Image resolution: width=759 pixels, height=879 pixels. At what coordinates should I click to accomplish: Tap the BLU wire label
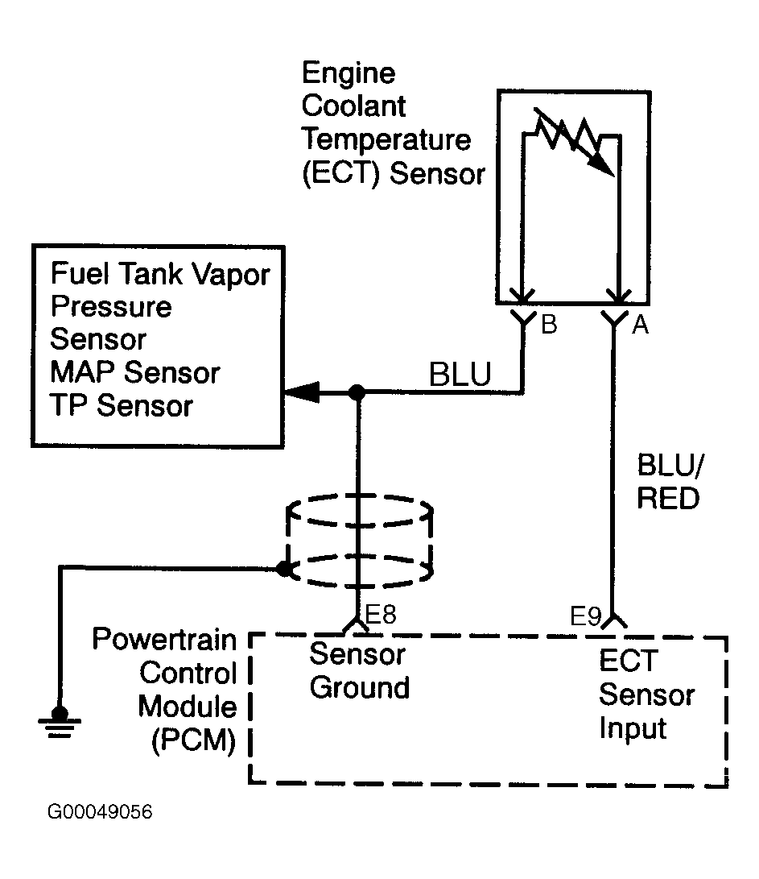point(460,375)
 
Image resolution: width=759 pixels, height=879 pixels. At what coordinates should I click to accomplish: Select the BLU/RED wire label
point(668,483)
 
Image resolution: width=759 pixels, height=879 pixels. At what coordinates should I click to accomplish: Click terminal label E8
point(381,616)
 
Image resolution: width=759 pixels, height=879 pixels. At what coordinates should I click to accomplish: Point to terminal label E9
point(586,618)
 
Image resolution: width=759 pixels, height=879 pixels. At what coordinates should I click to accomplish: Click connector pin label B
point(549,325)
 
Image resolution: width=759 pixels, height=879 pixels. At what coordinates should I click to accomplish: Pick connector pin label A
point(641,325)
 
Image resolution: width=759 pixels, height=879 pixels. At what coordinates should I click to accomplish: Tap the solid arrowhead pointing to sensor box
point(303,393)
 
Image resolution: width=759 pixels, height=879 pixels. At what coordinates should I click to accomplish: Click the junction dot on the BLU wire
point(357,393)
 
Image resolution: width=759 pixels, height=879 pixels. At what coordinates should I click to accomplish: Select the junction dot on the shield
point(283,569)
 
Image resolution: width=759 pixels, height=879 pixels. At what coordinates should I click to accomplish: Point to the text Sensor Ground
point(359,671)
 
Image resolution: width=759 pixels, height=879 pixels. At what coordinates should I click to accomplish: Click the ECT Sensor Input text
point(646,694)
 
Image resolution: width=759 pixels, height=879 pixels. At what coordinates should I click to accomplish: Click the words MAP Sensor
point(134,372)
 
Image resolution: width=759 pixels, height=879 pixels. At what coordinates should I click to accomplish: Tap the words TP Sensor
point(122,405)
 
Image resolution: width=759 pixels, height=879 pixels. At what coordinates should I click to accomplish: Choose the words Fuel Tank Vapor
point(160,274)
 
